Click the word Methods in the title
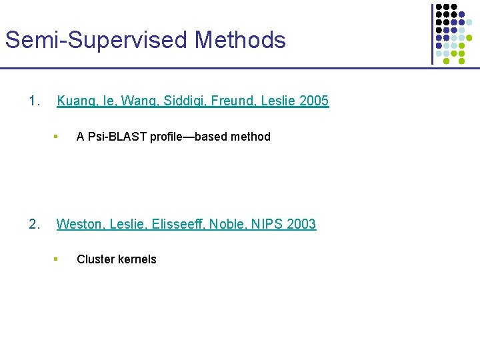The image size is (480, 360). click(x=240, y=40)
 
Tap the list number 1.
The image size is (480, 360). click(x=35, y=101)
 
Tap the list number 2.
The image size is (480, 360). click(x=35, y=224)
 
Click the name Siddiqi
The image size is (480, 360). click(x=195, y=101)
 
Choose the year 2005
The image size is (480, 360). click(x=314, y=101)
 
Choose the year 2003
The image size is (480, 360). click(x=301, y=224)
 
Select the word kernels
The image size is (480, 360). click(x=137, y=259)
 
